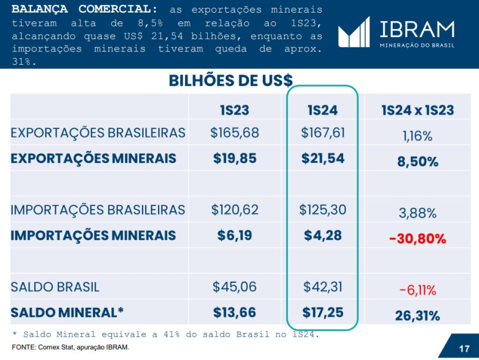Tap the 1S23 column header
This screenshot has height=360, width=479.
point(234,110)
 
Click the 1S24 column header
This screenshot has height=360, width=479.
point(322,110)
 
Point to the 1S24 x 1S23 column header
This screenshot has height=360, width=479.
point(417,110)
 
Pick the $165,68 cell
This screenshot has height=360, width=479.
point(234,132)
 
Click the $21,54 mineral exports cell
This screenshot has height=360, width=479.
point(322,159)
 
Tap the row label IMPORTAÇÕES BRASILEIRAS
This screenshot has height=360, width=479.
point(98,210)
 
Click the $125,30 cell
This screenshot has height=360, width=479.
point(322,210)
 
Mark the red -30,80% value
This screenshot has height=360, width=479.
point(417,239)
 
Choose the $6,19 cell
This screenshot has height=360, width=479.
point(234,235)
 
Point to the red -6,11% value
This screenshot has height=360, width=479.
point(417,291)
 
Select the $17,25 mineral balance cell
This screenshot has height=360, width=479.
point(322,312)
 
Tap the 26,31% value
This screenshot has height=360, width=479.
point(417,316)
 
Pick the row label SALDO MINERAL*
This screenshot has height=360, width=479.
point(67,312)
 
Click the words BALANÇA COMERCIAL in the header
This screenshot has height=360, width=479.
point(84,10)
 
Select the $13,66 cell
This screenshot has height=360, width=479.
point(234,312)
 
